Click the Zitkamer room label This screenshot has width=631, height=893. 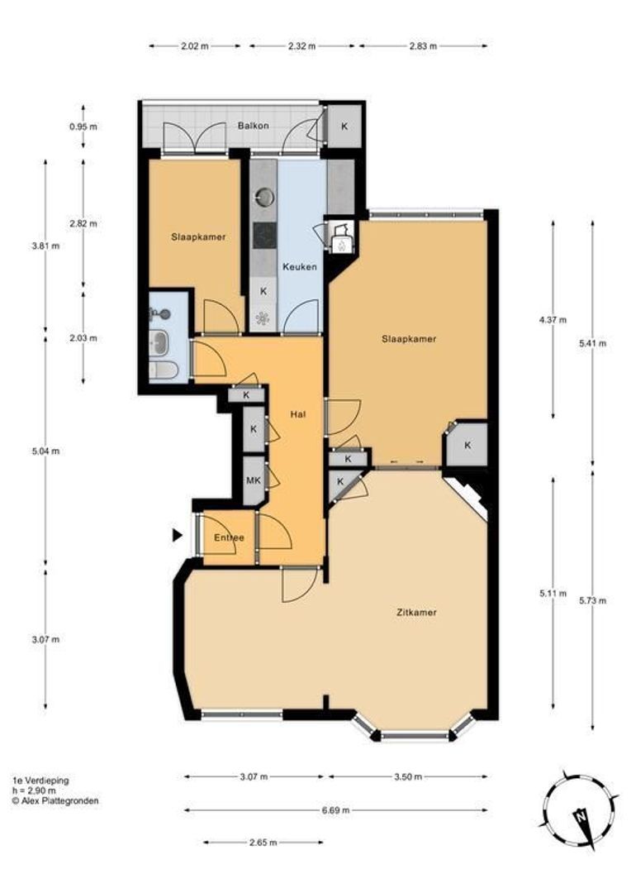(415, 613)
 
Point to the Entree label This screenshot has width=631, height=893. (228, 538)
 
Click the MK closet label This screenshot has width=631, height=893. (254, 480)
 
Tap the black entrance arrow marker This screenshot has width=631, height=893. (177, 536)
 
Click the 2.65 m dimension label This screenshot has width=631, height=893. (263, 843)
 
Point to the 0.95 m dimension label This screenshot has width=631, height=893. (83, 127)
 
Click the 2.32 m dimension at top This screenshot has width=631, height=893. (301, 46)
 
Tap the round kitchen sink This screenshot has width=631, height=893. (264, 197)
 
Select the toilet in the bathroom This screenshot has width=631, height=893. (163, 371)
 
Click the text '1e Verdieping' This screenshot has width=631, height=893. (40, 780)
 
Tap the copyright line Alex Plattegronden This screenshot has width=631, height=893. (55, 800)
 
